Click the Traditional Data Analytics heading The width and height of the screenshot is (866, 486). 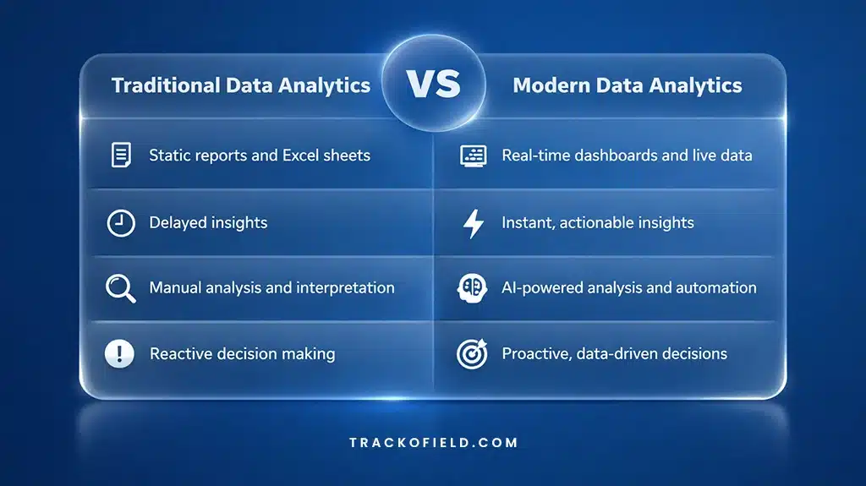tap(241, 85)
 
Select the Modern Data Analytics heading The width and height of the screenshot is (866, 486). tap(628, 85)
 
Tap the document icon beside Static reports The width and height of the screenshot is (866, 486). tap(121, 156)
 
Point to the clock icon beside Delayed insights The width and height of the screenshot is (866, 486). tap(121, 223)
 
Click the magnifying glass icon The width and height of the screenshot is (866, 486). tap(120, 288)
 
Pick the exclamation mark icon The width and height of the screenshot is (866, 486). tap(120, 354)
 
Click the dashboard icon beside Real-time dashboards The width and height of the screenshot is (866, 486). tap(473, 156)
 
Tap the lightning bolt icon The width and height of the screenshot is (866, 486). tap(474, 224)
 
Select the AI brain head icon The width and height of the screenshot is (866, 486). tap(473, 288)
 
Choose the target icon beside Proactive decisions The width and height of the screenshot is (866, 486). tap(472, 354)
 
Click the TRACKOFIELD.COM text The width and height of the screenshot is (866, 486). tap(433, 442)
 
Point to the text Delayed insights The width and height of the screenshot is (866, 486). tap(208, 223)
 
